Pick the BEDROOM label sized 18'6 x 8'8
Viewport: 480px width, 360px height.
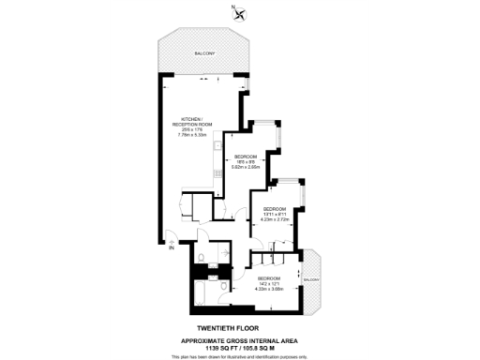click(x=246, y=156)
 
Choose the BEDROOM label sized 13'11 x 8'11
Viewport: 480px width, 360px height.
click(x=274, y=208)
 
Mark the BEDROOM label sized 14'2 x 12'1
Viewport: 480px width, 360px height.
click(x=270, y=278)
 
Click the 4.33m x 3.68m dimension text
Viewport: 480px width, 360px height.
click(x=270, y=289)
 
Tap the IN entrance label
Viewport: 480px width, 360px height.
click(x=171, y=248)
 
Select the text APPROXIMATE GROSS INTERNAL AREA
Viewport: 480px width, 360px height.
click(x=238, y=340)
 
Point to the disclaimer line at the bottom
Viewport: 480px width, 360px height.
click(x=239, y=356)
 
